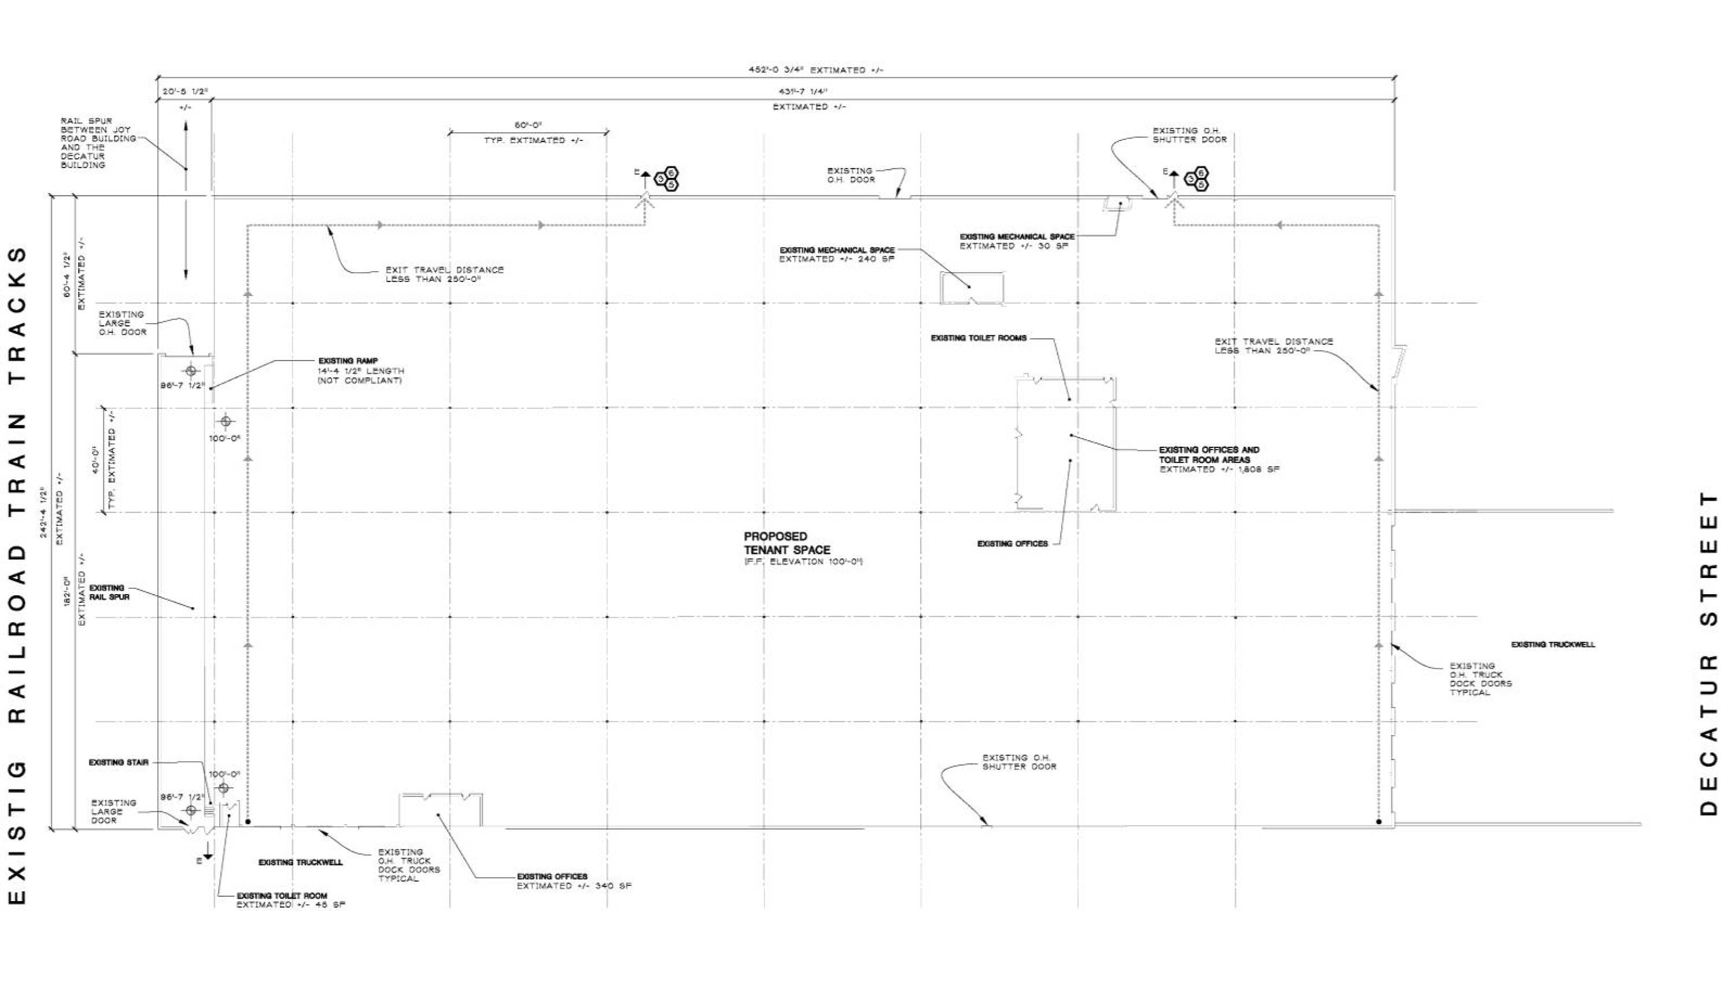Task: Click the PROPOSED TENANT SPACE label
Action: tap(787, 543)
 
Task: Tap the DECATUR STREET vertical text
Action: tap(1708, 652)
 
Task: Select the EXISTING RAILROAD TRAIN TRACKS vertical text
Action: tap(19, 574)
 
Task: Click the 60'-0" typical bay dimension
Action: tap(527, 125)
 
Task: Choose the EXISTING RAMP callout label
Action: tap(348, 361)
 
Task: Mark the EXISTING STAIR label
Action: tap(119, 762)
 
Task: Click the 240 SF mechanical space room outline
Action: tap(972, 288)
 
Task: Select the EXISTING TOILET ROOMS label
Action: tap(979, 338)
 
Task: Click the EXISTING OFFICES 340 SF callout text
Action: tap(574, 881)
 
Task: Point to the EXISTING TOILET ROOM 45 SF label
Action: tap(290, 900)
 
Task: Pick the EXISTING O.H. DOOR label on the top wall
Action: tap(851, 176)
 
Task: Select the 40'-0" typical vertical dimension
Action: tap(97, 459)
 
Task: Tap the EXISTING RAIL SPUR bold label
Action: tap(109, 592)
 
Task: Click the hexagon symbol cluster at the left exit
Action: tap(667, 179)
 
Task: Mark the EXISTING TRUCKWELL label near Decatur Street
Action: tap(1553, 644)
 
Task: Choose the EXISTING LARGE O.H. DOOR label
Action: tap(122, 323)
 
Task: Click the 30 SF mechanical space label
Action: tap(1017, 242)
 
